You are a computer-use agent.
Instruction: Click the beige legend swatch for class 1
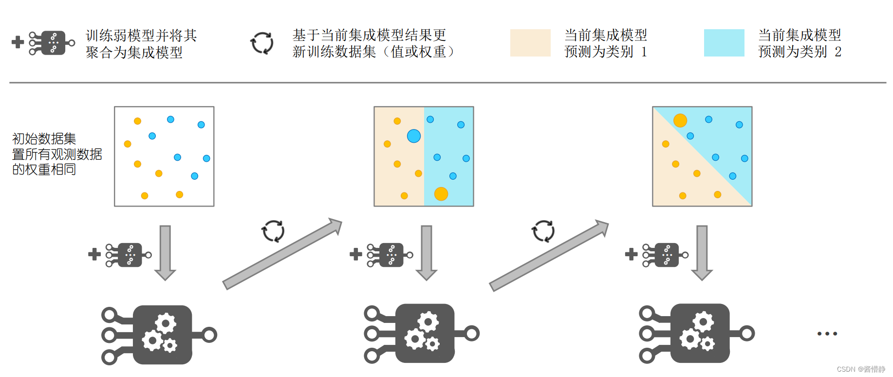pyautogui.click(x=530, y=43)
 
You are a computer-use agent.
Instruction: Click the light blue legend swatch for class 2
pyautogui.click(x=724, y=43)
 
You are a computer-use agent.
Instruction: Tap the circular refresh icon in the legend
pyautogui.click(x=262, y=43)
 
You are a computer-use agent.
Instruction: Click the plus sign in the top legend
pyautogui.click(x=18, y=42)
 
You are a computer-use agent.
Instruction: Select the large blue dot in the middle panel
pyautogui.click(x=414, y=136)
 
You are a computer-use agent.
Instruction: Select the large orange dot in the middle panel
pyautogui.click(x=441, y=194)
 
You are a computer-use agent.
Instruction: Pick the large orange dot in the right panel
pyautogui.click(x=680, y=120)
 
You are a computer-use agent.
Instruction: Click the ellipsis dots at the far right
pyautogui.click(x=827, y=334)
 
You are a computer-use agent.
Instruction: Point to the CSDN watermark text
pyautogui.click(x=861, y=369)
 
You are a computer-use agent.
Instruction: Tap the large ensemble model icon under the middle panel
pyautogui.click(x=422, y=334)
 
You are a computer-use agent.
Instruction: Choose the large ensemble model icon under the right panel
pyautogui.click(x=696, y=334)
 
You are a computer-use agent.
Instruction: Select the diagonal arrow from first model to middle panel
pyautogui.click(x=282, y=255)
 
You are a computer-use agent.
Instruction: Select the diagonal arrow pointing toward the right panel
pyautogui.click(x=549, y=256)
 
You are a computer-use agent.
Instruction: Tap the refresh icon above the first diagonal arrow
pyautogui.click(x=273, y=231)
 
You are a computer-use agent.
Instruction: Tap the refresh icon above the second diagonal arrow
pyautogui.click(x=543, y=231)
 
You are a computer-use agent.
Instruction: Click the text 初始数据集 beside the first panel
pyautogui.click(x=44, y=139)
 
